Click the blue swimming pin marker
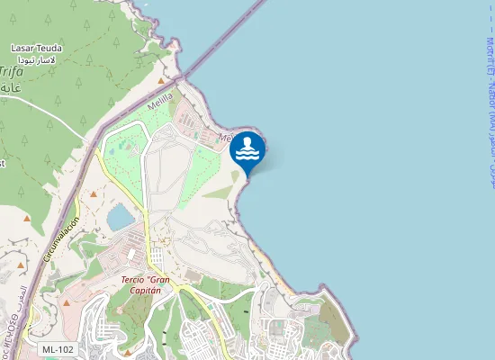[248, 151]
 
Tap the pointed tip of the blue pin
[248, 175]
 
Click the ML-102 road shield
[58, 348]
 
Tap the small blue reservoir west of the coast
[120, 217]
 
